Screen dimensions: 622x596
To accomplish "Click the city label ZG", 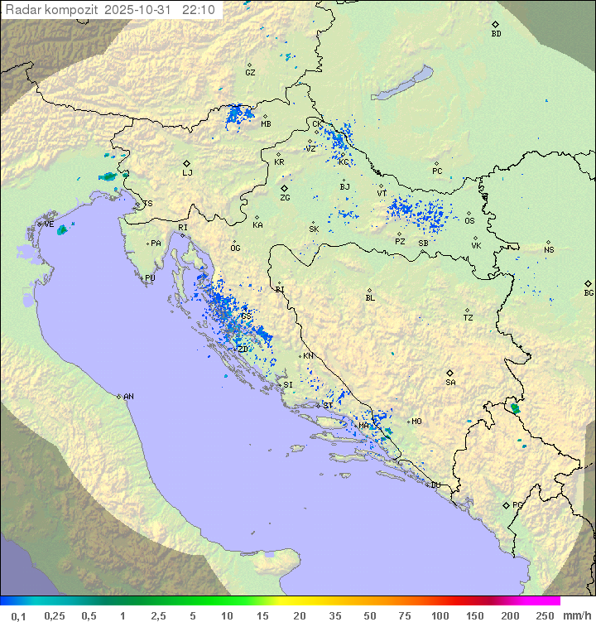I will coord(285,198).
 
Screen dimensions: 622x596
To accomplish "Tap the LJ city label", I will coord(187,173).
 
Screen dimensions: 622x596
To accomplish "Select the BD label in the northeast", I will coord(496,34).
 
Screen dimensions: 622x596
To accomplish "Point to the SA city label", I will coord(450,383).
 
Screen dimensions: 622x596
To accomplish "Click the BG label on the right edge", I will coord(589,292).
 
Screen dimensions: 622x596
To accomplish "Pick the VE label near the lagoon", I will coord(49,224).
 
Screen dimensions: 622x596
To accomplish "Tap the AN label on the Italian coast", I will coord(128,397).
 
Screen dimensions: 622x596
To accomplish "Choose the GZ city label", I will coord(250,73).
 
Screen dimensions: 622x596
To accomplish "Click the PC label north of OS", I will coord(437,171).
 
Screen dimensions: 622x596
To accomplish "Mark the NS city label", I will coord(549,250).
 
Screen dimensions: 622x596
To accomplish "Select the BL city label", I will coord(370,298).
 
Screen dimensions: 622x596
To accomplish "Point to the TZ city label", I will coord(468,318).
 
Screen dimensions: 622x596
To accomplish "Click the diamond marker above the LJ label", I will coord(187,163).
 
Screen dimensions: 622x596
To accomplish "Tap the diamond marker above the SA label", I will coord(450,373).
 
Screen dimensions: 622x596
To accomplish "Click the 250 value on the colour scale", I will coord(545,615).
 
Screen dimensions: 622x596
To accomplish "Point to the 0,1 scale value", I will coord(18,615).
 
